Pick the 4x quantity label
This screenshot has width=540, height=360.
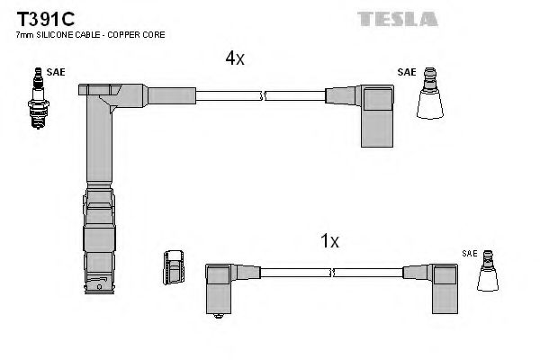(234, 58)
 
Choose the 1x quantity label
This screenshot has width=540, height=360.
(329, 241)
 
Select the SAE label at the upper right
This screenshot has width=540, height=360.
(406, 70)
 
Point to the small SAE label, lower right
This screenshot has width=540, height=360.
(470, 255)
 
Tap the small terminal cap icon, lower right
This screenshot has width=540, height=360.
(489, 274)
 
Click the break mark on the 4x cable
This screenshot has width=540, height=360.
(262, 94)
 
